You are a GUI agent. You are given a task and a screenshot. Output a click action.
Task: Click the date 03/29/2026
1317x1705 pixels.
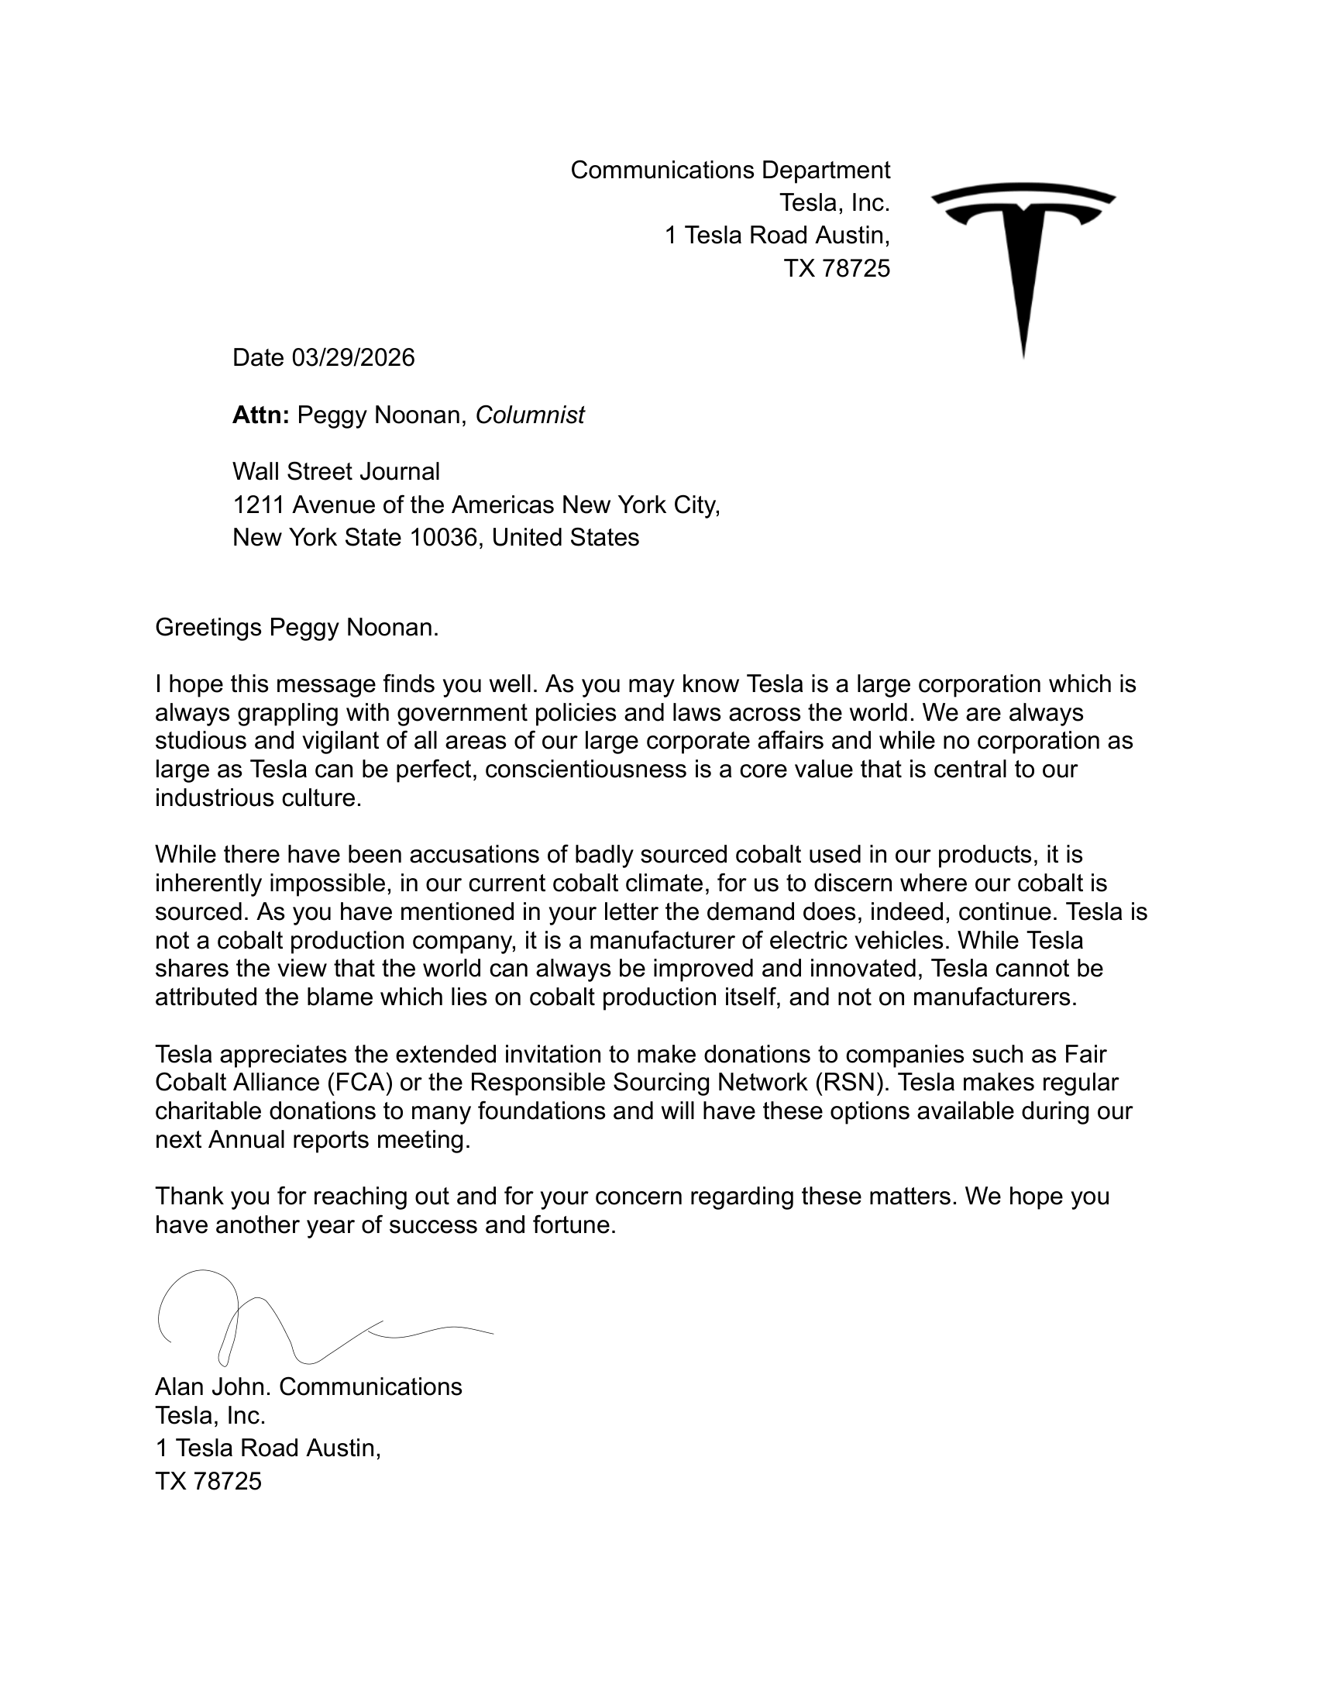point(352,357)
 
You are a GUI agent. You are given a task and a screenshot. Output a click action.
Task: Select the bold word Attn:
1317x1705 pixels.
point(260,415)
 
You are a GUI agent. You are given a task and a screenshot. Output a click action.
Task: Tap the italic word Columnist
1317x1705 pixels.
point(530,415)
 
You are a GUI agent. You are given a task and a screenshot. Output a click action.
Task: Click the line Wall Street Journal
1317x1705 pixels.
point(336,471)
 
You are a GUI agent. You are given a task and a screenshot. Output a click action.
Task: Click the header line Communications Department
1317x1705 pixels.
point(730,170)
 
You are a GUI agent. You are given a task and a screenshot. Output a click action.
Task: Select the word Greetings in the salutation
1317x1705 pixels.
point(208,627)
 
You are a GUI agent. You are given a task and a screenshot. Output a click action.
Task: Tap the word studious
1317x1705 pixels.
point(201,741)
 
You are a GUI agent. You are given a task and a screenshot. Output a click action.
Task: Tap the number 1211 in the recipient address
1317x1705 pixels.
point(259,505)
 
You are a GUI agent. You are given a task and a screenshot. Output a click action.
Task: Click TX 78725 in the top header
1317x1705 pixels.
point(837,269)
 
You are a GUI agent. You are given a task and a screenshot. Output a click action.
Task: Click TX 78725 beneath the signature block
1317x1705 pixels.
point(208,1481)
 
